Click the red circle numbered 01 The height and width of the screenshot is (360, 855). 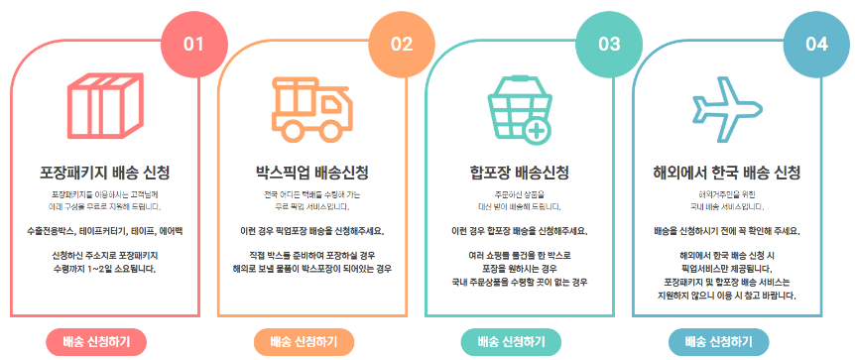coord(193,44)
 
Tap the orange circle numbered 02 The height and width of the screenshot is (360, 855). coord(401,44)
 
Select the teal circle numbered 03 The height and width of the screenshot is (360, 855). coord(608,44)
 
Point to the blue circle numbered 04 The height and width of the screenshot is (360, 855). coord(816,44)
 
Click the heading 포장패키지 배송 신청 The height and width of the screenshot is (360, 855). coord(103,170)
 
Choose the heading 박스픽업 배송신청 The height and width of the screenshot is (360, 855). coord(310,170)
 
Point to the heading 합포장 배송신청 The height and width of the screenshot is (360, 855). coord(519,170)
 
